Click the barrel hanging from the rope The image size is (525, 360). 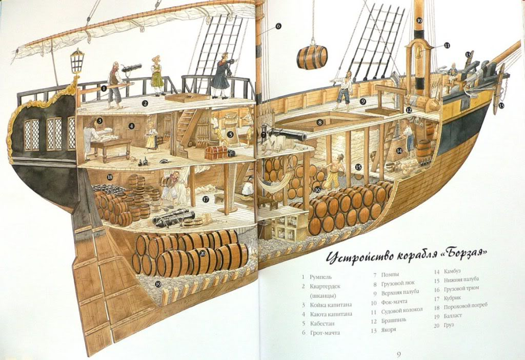tap(312, 56)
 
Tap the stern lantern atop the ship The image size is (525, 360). tap(77, 61)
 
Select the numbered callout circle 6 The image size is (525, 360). tap(278, 26)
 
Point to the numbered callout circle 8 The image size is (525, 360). tap(320, 123)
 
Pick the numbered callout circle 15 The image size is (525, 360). tap(358, 167)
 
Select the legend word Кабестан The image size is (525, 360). tap(322, 324)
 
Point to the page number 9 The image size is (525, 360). tap(399, 353)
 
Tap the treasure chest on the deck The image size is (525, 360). tap(215, 152)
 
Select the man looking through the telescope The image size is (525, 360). tap(222, 75)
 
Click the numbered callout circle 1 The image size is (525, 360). tap(104, 88)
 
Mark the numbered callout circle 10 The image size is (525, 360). tap(419, 21)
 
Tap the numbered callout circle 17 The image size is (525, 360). tap(206, 199)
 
